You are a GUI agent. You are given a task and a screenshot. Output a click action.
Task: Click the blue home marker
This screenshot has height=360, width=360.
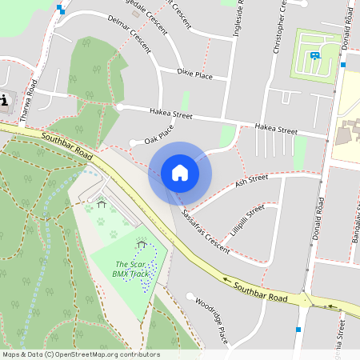[x=179, y=173]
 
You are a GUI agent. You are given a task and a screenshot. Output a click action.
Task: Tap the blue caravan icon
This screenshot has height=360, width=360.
[x=315, y=55]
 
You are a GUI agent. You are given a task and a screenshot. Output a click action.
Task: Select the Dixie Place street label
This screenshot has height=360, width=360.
[x=195, y=75]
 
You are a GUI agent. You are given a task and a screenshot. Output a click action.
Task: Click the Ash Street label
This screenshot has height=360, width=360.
[x=251, y=181]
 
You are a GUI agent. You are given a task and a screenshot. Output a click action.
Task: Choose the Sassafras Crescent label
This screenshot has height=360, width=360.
[x=205, y=232]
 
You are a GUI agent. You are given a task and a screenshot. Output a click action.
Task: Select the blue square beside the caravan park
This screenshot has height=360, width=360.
[x=342, y=64]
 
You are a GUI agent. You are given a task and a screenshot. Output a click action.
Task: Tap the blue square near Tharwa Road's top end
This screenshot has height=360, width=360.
[x=60, y=10]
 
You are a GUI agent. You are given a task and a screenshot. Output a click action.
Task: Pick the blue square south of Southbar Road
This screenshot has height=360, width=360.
[x=298, y=329]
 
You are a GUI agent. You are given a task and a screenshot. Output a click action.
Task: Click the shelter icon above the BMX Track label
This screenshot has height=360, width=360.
[x=142, y=244]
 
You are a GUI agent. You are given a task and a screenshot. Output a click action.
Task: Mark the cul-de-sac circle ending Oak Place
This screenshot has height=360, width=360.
[x=133, y=144]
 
